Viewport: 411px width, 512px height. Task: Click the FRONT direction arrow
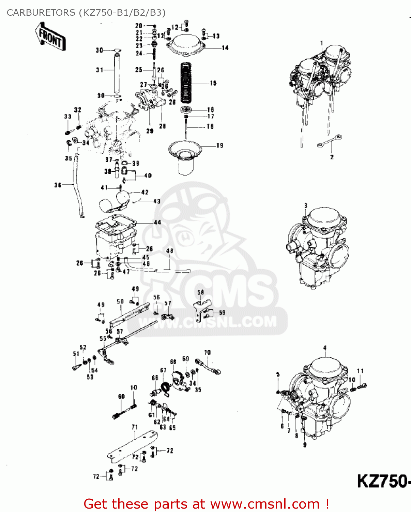click(x=50, y=37)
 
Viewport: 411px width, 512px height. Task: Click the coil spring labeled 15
click(x=186, y=83)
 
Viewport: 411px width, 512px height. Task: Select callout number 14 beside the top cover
click(x=225, y=48)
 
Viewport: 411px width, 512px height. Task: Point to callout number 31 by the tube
click(x=100, y=70)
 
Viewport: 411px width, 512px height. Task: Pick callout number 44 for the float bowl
click(x=157, y=222)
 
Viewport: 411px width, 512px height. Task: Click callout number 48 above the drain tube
click(x=169, y=251)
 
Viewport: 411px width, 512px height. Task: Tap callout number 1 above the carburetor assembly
click(x=321, y=43)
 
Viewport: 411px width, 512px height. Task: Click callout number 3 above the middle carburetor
click(x=306, y=205)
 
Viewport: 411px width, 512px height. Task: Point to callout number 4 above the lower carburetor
click(x=325, y=348)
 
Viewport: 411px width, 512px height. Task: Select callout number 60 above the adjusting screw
click(x=121, y=396)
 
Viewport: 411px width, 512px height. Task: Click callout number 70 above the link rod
click(x=208, y=352)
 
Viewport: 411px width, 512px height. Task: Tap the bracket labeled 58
click(x=201, y=307)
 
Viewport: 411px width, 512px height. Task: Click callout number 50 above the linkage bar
click(x=120, y=302)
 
